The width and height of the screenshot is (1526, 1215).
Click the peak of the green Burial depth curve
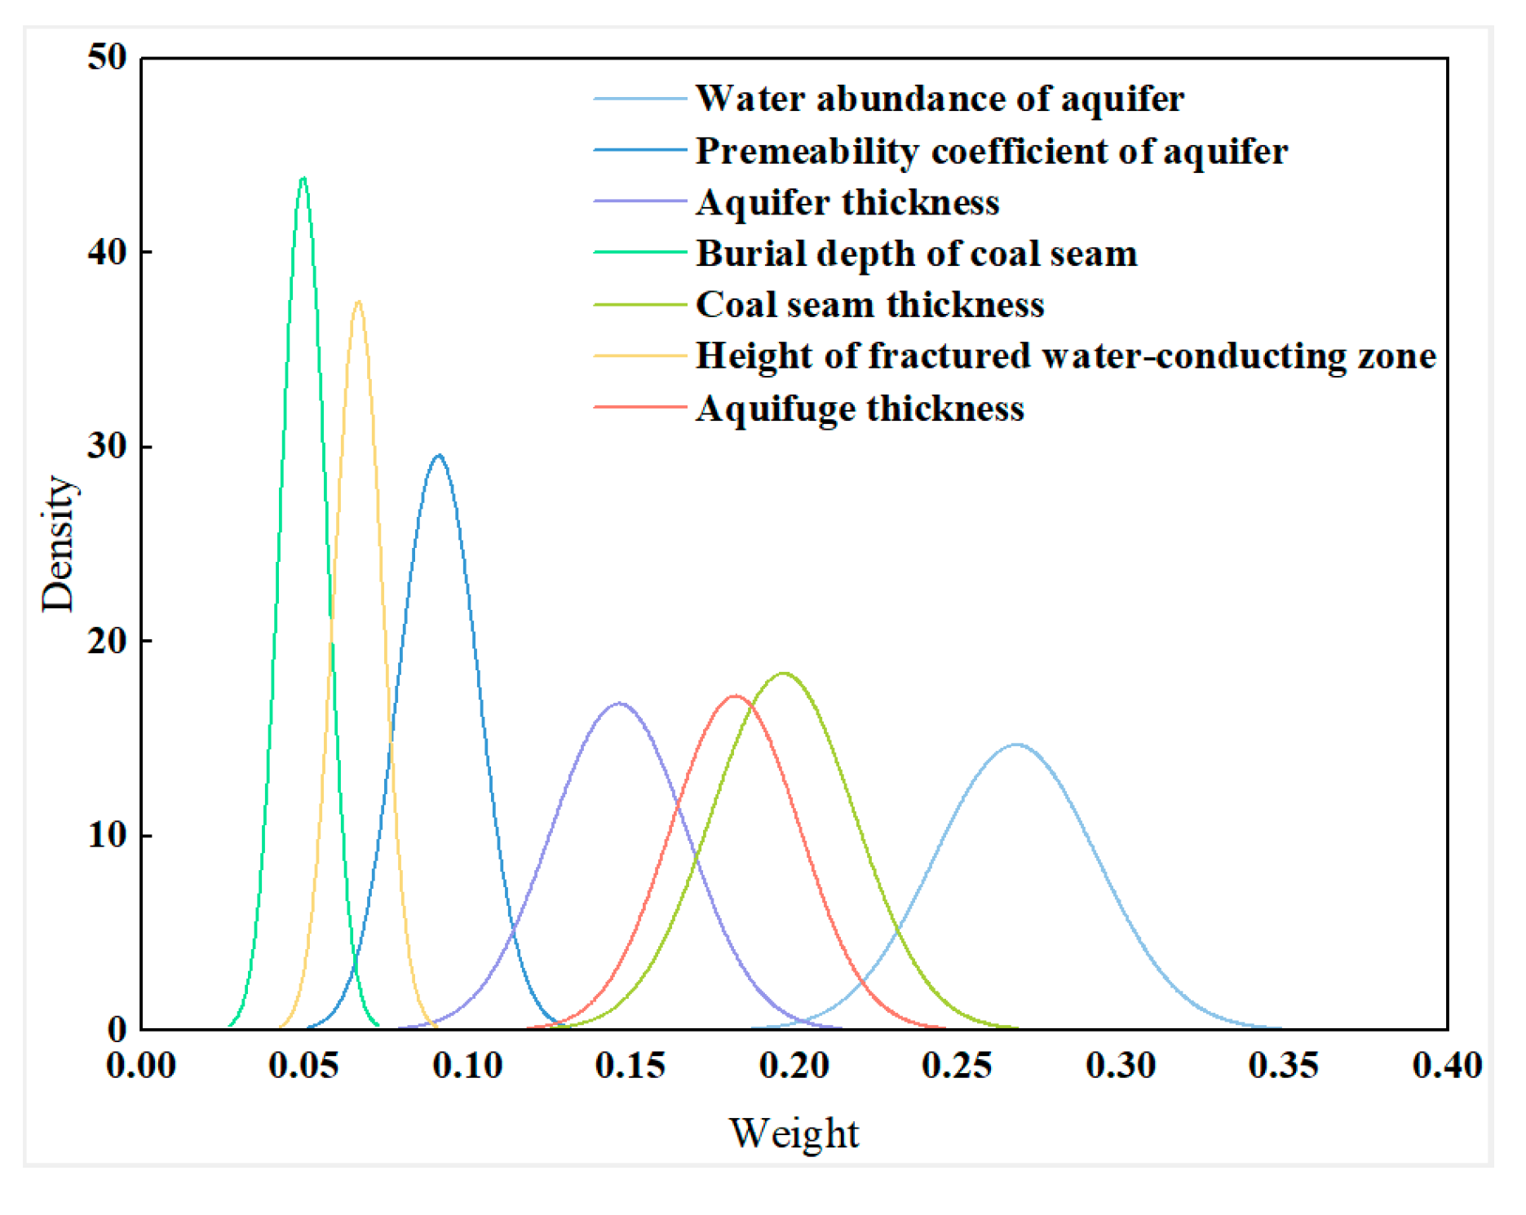point(303,178)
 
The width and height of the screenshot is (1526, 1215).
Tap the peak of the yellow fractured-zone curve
point(358,302)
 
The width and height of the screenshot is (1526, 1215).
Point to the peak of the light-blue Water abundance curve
point(1016,744)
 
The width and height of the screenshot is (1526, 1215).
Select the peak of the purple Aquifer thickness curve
point(619,703)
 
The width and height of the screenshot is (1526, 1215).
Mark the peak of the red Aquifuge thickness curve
point(736,696)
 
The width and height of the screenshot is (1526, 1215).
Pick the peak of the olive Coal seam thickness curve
point(785,674)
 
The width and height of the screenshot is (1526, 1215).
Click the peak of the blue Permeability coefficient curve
point(440,455)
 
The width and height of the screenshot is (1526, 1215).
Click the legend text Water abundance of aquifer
point(940,99)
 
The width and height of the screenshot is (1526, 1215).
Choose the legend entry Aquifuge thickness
point(860,408)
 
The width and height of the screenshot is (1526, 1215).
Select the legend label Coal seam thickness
point(869,304)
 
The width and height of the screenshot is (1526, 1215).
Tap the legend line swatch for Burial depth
point(640,253)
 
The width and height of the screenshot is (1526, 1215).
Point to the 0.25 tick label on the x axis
point(958,1066)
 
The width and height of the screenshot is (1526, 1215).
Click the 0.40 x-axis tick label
point(1447,1066)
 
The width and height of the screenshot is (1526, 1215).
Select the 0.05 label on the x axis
point(304,1066)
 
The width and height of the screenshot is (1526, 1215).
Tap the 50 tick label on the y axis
point(108,57)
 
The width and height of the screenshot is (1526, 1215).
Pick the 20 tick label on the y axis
point(108,641)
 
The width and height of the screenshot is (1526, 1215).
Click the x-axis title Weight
point(794,1133)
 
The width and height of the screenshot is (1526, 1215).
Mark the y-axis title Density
point(59,543)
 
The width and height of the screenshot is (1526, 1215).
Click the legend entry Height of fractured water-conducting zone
point(1065,356)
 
